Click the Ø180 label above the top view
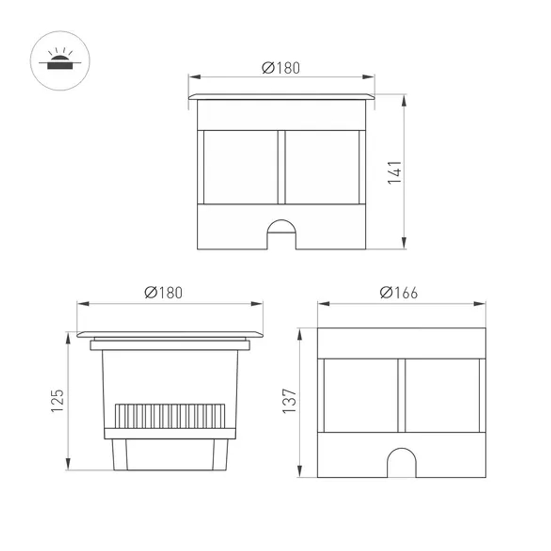[281, 68]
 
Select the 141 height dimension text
[395, 172]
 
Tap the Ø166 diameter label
[398, 293]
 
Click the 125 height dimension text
[58, 401]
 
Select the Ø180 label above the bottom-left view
[163, 293]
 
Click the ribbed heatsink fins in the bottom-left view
[170, 417]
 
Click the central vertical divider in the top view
[282, 167]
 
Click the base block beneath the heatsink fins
[170, 455]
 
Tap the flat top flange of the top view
[281, 96]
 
